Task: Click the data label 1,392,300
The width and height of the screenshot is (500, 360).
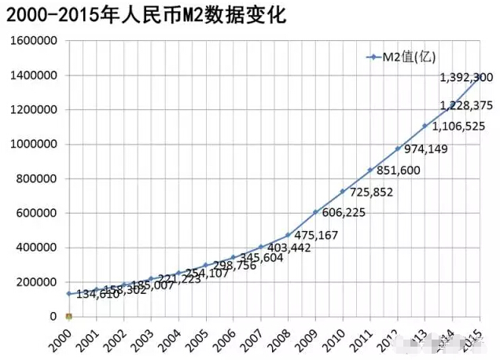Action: tap(466, 77)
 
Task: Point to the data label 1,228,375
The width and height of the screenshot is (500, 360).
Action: tap(466, 105)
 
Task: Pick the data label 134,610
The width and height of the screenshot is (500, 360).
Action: tap(98, 295)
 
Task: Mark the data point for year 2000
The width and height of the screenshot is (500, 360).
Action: tap(69, 293)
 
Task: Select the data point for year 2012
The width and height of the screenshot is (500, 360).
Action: tap(398, 149)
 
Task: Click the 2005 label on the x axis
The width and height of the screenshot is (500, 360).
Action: tap(203, 339)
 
